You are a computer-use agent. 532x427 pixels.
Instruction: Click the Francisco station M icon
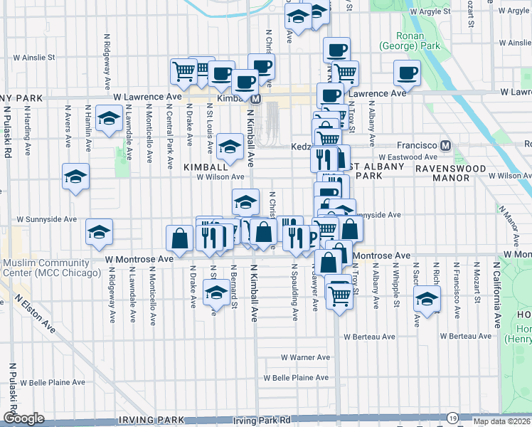pos(446,145)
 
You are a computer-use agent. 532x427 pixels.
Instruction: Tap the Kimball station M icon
pos(255,99)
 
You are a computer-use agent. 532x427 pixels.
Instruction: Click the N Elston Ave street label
pos(40,316)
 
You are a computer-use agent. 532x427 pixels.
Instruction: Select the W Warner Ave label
pos(305,357)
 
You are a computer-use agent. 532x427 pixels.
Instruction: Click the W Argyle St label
pos(425,11)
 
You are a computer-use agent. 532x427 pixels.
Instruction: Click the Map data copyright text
pos(502,421)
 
